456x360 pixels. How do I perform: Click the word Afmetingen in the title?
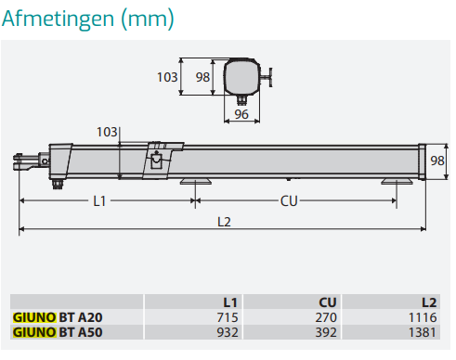[x=58, y=19]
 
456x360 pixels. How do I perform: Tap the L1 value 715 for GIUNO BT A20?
[x=228, y=317]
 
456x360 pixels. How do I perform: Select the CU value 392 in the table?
[x=326, y=332]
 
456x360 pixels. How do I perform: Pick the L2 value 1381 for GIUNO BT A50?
[x=423, y=332]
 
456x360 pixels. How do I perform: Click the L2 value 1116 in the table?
[x=423, y=317]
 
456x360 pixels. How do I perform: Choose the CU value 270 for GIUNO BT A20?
[x=326, y=317]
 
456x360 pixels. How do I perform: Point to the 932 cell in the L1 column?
[x=228, y=332]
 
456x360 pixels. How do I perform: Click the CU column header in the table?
[x=328, y=302]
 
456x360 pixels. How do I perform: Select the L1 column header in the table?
[x=230, y=302]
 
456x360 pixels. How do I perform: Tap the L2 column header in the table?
[x=429, y=302]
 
